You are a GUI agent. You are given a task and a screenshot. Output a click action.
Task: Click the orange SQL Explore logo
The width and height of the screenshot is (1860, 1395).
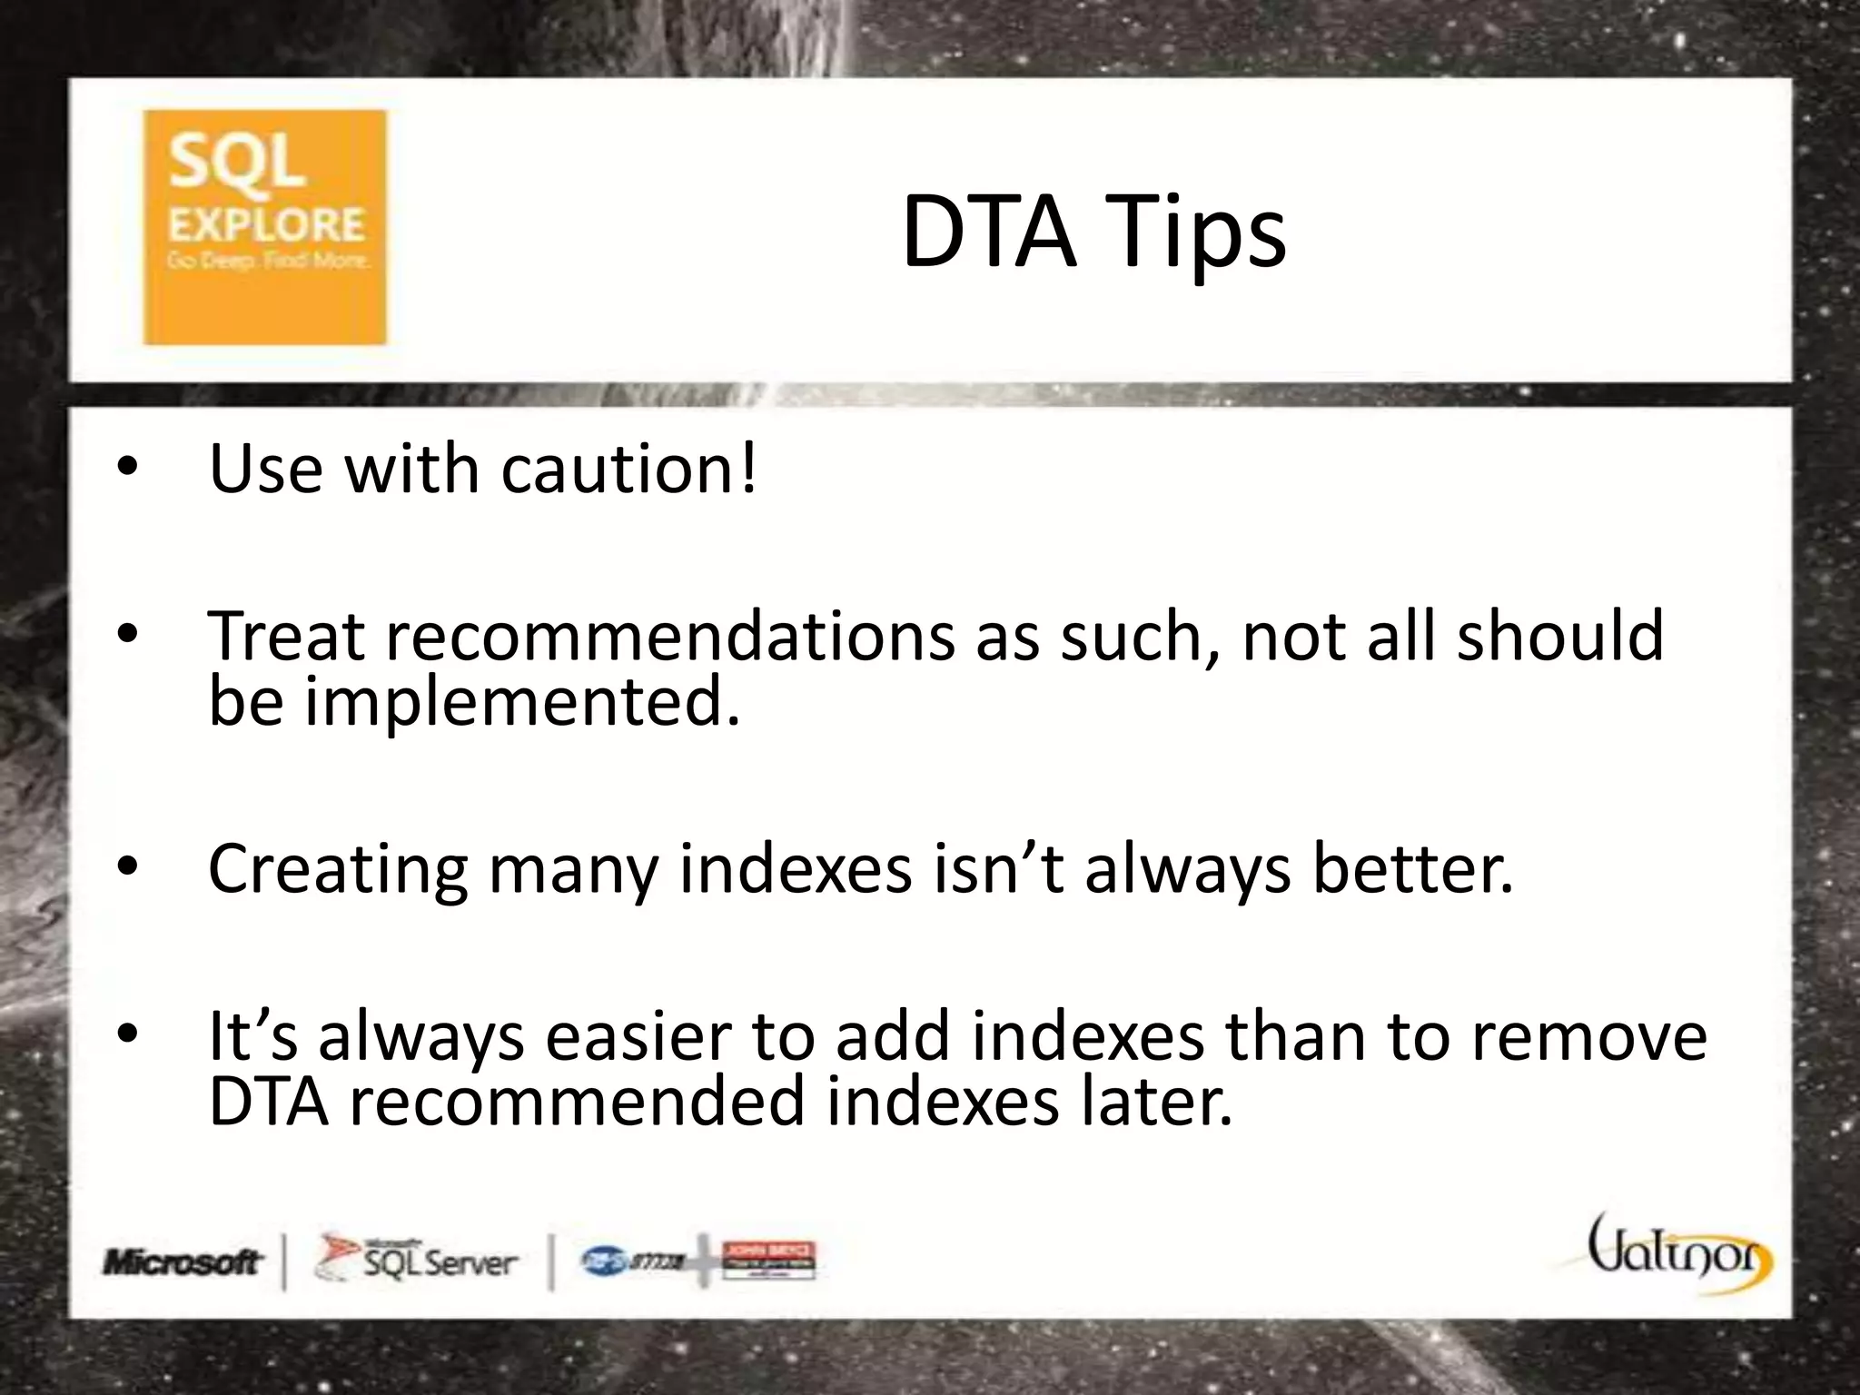[264, 227]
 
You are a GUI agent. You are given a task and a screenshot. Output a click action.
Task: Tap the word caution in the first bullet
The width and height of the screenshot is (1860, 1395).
[628, 470]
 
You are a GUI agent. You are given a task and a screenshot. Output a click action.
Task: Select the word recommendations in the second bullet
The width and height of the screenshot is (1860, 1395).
[671, 636]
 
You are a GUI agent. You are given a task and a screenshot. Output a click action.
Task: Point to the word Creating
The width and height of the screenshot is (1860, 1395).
[338, 870]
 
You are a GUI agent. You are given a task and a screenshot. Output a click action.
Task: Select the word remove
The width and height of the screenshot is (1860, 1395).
[1588, 1036]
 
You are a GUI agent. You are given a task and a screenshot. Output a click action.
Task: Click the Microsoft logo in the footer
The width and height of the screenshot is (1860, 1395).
[183, 1262]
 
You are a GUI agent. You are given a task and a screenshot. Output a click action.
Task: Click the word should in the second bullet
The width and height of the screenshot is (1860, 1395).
[1560, 636]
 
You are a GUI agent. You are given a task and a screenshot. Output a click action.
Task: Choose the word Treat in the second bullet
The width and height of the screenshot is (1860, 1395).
[286, 636]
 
